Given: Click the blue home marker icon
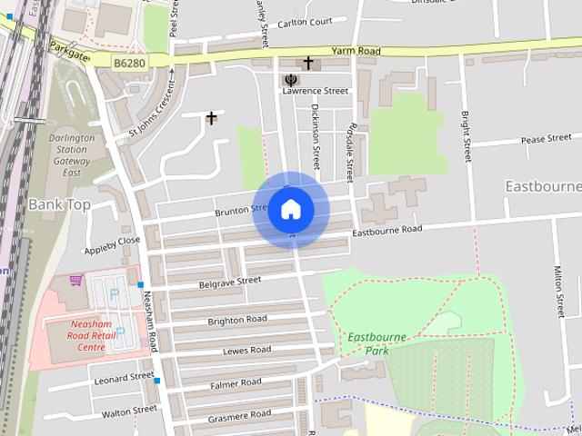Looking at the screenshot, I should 290,210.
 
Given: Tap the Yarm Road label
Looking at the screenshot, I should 356,52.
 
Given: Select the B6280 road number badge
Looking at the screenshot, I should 131,62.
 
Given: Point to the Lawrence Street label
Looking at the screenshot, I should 316,91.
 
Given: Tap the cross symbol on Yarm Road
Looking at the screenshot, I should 308,63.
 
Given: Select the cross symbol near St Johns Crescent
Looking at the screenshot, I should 212,117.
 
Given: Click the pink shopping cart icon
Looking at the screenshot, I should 75,280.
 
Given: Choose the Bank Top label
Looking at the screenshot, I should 59,204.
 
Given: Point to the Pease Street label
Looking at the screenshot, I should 546,140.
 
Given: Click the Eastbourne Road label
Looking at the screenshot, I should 387,231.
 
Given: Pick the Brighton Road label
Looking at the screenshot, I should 237,320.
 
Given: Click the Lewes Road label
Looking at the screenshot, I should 246,350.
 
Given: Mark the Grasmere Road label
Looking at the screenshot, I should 239,414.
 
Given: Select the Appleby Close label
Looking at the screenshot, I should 112,245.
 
